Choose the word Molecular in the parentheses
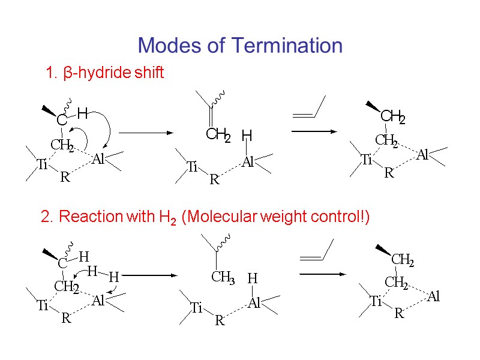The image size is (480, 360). (x=221, y=217)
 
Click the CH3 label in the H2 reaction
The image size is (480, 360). (x=222, y=278)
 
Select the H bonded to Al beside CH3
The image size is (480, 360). (x=253, y=278)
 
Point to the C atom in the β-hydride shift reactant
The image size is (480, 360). (x=62, y=121)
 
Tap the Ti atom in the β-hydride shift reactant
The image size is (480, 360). (x=42, y=165)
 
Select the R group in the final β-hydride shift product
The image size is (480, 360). (x=389, y=173)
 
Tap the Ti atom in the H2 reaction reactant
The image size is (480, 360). (x=42, y=306)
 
